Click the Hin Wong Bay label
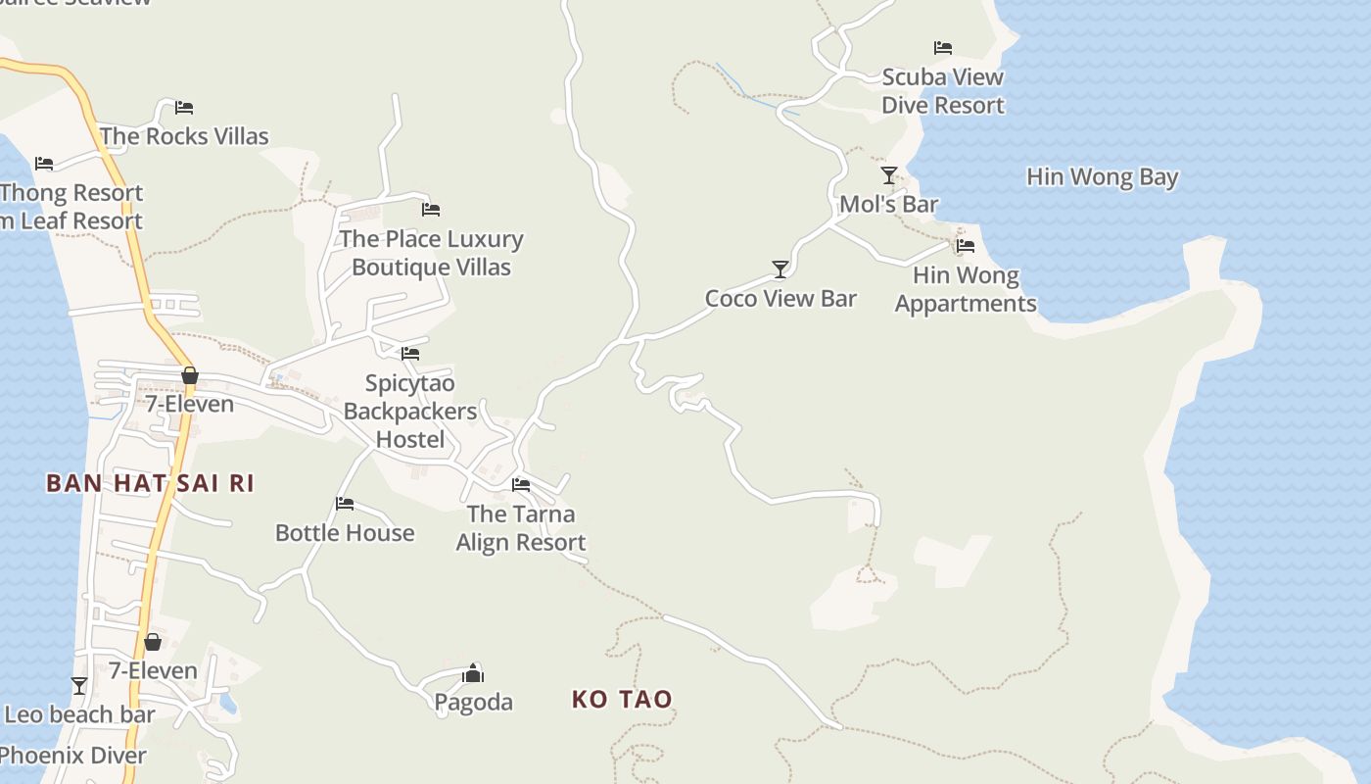click(x=1102, y=177)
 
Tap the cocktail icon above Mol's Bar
click(x=888, y=175)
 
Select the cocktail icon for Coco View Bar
click(x=780, y=269)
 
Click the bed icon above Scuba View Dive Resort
click(x=943, y=47)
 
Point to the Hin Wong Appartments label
click(x=966, y=289)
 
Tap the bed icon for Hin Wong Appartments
click(x=966, y=246)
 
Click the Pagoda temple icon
click(x=473, y=673)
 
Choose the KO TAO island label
click(x=622, y=700)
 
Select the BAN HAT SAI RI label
click(x=150, y=483)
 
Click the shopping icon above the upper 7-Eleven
click(x=190, y=375)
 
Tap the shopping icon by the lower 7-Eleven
click(x=153, y=642)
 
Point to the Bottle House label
click(x=345, y=533)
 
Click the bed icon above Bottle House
click(x=345, y=504)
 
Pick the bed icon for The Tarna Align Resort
click(x=521, y=484)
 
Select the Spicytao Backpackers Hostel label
click(x=410, y=412)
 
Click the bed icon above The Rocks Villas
click(x=184, y=108)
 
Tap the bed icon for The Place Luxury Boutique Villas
click(x=431, y=209)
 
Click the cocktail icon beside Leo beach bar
click(x=79, y=686)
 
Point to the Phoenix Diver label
click(x=73, y=756)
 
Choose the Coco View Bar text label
click(x=780, y=299)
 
